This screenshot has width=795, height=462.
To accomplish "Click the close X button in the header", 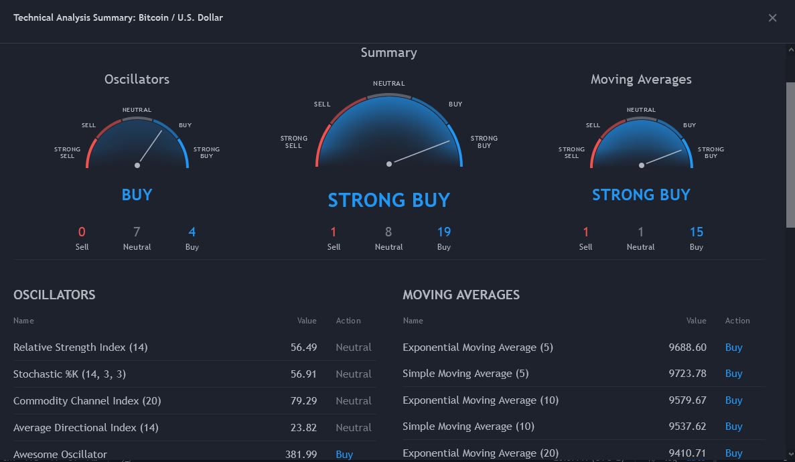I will point(772,18).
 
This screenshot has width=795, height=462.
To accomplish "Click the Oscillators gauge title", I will point(137,79).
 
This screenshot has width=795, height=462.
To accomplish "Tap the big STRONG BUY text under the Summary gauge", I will point(388,200).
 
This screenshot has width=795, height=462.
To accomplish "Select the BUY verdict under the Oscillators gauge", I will point(137,195).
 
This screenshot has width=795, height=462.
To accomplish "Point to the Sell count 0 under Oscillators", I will point(82,232).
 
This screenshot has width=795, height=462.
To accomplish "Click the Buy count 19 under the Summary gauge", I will point(443,232).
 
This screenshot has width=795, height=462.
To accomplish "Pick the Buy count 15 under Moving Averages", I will point(696,232).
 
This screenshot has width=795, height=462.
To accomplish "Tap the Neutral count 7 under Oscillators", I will point(137,232).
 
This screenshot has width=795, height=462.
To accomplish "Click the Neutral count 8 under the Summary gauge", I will point(388,232).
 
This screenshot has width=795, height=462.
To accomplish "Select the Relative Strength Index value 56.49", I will point(303,348).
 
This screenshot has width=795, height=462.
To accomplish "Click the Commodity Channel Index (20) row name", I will point(87,401).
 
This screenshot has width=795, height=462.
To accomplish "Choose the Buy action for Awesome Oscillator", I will point(344,454).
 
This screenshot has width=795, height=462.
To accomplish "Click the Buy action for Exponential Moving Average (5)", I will point(733,348).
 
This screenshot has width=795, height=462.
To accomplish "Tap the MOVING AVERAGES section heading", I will point(461,295).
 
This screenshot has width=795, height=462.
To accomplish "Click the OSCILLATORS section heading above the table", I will point(54,295).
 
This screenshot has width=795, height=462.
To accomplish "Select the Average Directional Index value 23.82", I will point(303,428).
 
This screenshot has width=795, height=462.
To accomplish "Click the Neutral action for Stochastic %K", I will point(353,374).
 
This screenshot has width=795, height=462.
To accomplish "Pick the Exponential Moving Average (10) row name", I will point(480,400).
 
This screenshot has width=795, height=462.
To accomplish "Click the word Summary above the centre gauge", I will point(388,53).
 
